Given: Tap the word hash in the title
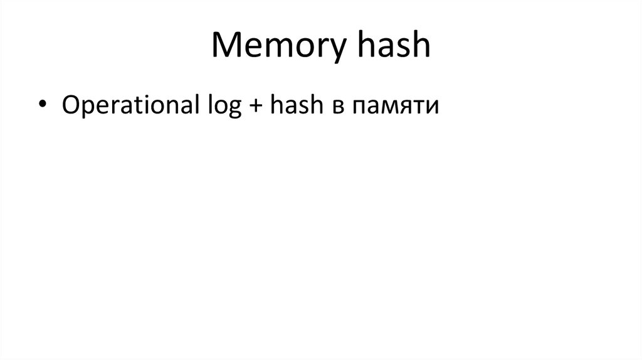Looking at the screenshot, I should tap(393, 48).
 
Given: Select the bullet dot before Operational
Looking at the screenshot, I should tap(42, 106).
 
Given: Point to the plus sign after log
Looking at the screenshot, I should tap(250, 106).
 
